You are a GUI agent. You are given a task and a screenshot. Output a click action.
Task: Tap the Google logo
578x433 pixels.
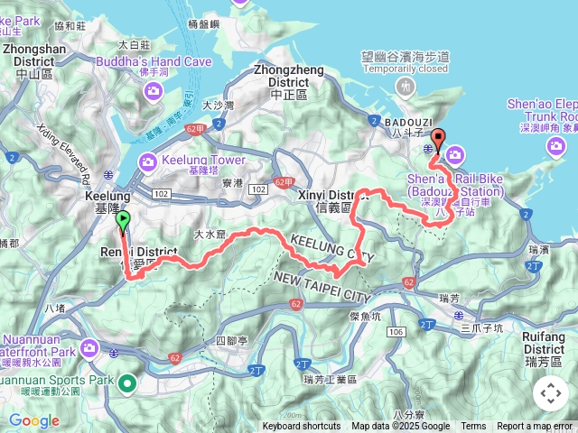click(x=33, y=420)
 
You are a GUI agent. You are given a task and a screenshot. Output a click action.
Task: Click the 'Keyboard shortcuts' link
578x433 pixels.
click(x=302, y=427)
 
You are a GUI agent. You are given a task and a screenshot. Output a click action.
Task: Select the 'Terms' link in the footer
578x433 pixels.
click(x=473, y=427)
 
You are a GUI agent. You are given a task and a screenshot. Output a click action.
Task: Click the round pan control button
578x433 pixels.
click(x=551, y=393)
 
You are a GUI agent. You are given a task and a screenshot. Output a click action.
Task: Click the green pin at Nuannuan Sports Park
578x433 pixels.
click(x=127, y=385)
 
